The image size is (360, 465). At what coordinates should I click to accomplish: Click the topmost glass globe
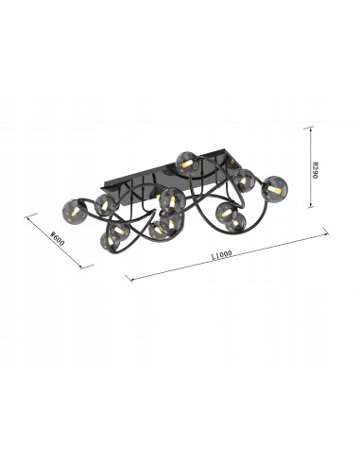pyautogui.click(x=185, y=164)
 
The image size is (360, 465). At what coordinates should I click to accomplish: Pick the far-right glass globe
pyautogui.click(x=276, y=189)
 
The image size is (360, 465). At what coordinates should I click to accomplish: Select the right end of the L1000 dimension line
pyautogui.click(x=327, y=230)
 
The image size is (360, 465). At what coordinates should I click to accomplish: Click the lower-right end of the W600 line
pyautogui.click(x=92, y=267)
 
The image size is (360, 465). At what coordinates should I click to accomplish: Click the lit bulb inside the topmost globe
pyautogui.click(x=186, y=164)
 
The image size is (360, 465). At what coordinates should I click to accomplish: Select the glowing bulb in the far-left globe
pyautogui.click(x=76, y=210)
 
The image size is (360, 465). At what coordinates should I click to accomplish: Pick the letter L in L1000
pyautogui.click(x=213, y=255)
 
